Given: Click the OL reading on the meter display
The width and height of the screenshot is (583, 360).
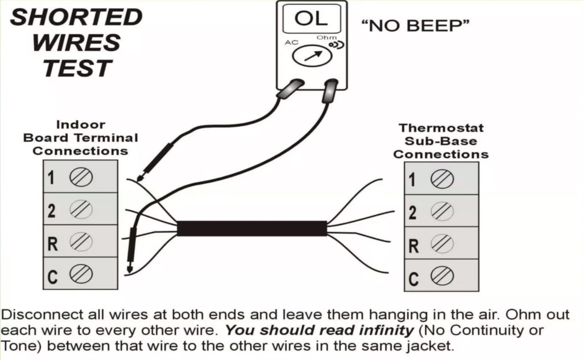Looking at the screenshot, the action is (311, 19).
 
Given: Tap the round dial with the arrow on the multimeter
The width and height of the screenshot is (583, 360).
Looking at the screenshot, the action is (312, 56).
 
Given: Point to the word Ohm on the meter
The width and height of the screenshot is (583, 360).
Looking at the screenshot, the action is (326, 38).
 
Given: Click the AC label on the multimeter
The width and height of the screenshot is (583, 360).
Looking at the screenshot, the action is (291, 42).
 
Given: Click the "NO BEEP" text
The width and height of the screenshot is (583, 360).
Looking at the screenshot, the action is (416, 26).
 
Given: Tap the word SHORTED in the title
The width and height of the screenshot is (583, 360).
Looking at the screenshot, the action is (76, 17).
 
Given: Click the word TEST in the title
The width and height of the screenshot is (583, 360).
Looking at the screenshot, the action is (77, 68).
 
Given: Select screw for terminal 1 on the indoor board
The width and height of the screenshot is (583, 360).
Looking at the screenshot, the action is (81, 177).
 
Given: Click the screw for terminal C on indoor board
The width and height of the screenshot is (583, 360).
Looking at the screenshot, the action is (81, 274).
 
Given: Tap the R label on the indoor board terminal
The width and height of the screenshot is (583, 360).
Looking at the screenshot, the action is (52, 244).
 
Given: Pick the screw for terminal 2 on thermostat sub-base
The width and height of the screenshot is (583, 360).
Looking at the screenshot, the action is (442, 212).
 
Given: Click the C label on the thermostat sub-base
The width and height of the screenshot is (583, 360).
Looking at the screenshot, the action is (413, 279).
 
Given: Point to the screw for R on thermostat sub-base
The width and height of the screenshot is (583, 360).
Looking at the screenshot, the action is (442, 244).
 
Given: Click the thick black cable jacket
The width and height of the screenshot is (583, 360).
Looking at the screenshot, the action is (252, 228).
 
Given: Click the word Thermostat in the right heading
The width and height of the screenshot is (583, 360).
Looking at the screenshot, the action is (441, 128).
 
